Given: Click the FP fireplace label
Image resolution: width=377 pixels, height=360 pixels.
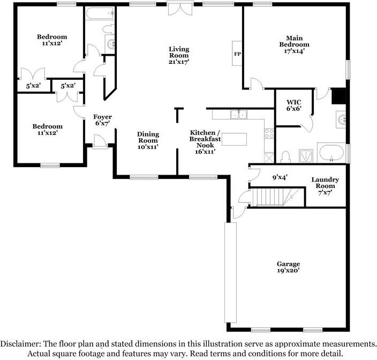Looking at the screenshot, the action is pos(237,54).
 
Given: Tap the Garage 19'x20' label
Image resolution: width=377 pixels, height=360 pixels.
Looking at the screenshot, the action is pos(288,267).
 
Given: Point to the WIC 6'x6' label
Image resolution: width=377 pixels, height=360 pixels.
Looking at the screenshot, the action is pos(294,106).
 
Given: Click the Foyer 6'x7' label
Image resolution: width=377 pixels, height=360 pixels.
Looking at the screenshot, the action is pos(102,120).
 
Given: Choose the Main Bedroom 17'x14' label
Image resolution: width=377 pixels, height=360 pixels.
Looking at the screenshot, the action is pos(295,44).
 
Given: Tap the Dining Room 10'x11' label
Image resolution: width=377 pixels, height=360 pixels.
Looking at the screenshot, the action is pos(148,140).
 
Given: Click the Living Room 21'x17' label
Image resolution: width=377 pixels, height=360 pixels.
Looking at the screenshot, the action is pos(179,55).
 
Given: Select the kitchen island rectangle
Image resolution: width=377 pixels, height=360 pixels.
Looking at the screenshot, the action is pos(234,139).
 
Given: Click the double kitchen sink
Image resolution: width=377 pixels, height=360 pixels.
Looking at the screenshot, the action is pos(238,115).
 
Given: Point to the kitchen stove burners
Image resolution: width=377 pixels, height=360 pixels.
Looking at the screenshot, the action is pos(269,134).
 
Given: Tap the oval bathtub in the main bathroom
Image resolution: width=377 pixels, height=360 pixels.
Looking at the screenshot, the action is pos(331,153).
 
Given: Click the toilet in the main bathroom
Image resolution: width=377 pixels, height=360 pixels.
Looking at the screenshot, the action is pos(285,157).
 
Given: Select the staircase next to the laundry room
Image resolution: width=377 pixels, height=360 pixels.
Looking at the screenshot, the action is pos(276,197).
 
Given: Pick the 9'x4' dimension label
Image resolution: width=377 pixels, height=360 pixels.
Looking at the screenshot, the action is pos(280,177).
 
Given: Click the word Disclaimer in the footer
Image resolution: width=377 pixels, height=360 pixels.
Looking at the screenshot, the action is pos(20,343).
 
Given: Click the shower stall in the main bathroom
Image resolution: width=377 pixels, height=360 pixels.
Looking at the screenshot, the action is pos(306,156).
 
